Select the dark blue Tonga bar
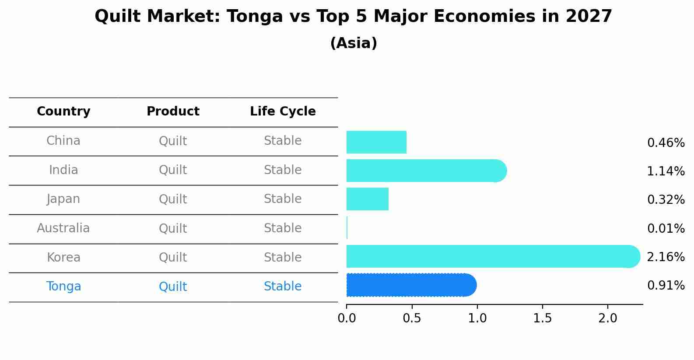coord(411,285)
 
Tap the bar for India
coord(424,171)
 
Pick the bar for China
coord(376,142)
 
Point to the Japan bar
coord(368,199)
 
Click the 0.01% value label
coord(666,228)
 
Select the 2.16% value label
coord(666,257)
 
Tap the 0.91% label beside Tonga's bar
coord(666,286)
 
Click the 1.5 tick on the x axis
coord(543,318)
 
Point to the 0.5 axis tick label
coord(412,318)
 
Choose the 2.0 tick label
coord(608,318)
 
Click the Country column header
coord(63,112)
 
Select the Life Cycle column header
coord(283,112)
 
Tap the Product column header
coord(173,112)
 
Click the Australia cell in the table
coord(63,228)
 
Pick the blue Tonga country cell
coord(63,287)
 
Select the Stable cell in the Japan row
coord(283,199)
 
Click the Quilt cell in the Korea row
coord(173,257)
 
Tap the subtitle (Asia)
coord(354,43)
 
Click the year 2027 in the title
coord(589,17)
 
